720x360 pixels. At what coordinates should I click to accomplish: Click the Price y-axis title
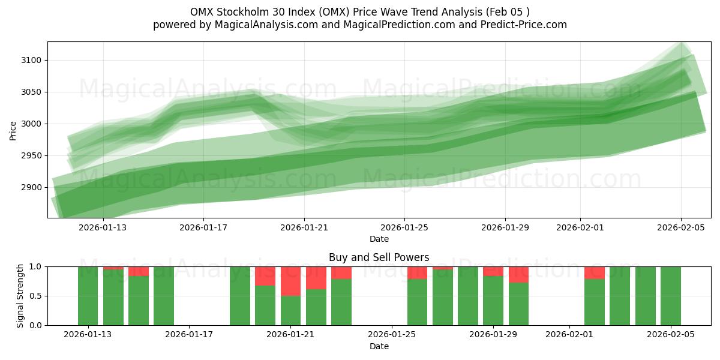click(13, 130)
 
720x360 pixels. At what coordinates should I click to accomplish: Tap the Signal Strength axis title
click(20, 295)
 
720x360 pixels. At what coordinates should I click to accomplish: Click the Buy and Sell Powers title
click(379, 257)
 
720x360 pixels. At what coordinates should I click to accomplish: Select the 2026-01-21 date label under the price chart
click(304, 227)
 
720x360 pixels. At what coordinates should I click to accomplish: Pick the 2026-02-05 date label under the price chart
click(680, 227)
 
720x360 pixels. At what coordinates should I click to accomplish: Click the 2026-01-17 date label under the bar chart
click(189, 335)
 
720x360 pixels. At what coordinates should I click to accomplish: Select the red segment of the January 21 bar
click(291, 281)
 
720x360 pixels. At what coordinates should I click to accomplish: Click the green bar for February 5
click(671, 296)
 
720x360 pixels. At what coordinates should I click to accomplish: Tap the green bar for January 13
click(88, 296)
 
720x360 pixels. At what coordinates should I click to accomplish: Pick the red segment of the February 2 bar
click(595, 272)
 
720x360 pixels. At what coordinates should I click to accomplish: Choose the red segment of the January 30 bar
click(518, 274)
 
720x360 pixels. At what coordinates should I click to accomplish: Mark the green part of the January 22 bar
click(316, 307)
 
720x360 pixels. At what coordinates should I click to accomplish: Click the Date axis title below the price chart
click(379, 239)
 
